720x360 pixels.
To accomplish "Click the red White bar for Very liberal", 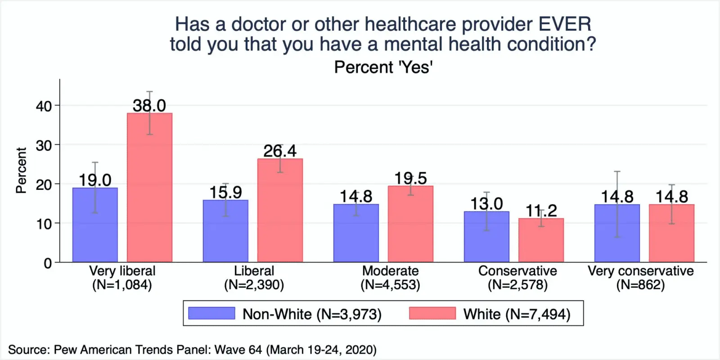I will [x=149, y=189].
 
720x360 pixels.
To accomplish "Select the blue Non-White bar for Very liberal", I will [x=95, y=225].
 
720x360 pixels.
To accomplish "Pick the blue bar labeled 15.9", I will [x=225, y=231].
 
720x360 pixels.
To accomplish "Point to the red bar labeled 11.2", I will [x=541, y=240].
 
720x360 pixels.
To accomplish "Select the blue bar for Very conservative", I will [x=617, y=234].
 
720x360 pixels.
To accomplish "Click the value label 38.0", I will [x=149, y=106].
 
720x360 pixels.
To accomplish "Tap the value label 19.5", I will [x=410, y=178].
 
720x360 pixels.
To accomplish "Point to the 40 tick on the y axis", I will [x=44, y=106].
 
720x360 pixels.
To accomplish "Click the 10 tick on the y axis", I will [x=44, y=224].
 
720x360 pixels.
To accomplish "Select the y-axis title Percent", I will [x=21, y=171].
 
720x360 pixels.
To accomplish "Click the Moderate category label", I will [x=390, y=271].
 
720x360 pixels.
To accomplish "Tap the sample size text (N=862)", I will [x=640, y=285].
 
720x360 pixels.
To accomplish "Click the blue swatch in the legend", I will [x=211, y=313].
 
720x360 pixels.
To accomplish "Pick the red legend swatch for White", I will [x=432, y=313].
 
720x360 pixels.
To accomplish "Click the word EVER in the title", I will [x=565, y=24].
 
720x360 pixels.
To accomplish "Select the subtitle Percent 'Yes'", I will [x=383, y=67].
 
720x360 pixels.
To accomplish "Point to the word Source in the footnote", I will [x=28, y=350].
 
